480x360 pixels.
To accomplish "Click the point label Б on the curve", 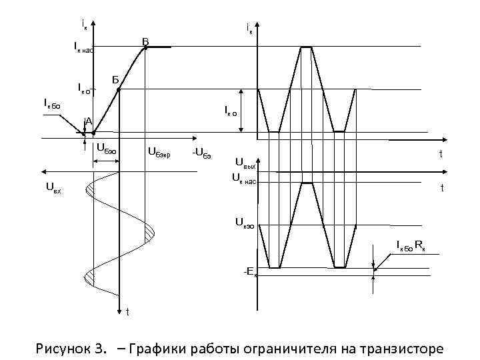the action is coord(115,81).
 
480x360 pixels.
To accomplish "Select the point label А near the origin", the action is coord(88,121).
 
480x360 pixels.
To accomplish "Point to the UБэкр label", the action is coord(159,155).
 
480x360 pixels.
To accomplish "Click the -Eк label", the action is coord(249,271).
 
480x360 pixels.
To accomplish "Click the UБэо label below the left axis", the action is coord(107,147).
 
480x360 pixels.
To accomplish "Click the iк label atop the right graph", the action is coord(250,28).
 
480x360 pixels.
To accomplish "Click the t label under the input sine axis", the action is coord(127,311).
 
